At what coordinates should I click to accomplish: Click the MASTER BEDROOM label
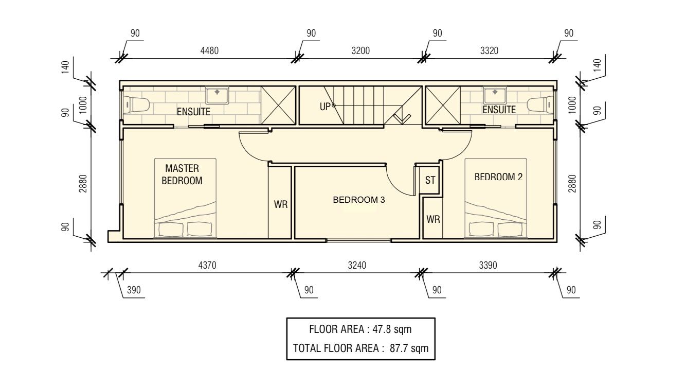(182, 174)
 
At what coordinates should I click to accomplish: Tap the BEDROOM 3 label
(358, 200)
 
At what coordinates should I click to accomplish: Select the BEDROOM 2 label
(498, 177)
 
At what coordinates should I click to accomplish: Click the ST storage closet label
(430, 180)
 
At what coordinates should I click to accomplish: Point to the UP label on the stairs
(325, 107)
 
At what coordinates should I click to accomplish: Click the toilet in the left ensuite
(136, 104)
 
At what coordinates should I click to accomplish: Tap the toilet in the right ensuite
(540, 104)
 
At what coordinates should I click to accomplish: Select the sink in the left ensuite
(217, 95)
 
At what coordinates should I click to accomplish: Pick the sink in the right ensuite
(495, 95)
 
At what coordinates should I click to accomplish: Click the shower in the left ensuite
(278, 105)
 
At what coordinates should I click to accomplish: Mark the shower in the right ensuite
(443, 105)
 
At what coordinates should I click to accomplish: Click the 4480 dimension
(209, 50)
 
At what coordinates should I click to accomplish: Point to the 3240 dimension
(357, 265)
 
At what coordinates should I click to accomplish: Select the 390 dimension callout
(134, 290)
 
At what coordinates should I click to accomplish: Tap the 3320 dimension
(489, 50)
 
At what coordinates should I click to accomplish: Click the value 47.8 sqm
(392, 329)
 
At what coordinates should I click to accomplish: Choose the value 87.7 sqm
(409, 348)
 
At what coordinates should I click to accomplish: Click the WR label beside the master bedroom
(281, 204)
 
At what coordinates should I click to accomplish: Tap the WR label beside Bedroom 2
(433, 220)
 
